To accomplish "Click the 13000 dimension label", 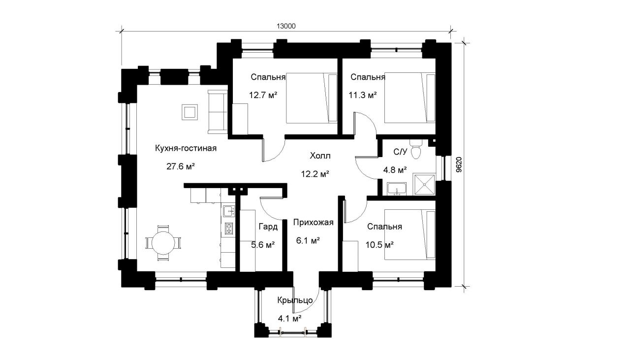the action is click(286, 26).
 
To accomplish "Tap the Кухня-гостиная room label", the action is click(186, 148).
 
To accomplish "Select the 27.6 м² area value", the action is click(181, 166).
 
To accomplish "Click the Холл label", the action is click(320, 156).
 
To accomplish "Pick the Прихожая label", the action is click(313, 223).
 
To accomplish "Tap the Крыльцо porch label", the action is click(295, 300).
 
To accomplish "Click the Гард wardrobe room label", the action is click(268, 227).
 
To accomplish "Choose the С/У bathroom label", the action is click(400, 152).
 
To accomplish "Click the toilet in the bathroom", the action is click(415, 149).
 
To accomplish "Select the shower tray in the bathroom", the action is click(424, 184).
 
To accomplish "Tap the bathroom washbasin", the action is click(397, 189).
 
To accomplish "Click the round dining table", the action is click(163, 243).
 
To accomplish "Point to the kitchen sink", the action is click(229, 211).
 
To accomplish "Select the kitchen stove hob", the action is click(229, 229).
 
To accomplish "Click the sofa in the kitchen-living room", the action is click(218, 112).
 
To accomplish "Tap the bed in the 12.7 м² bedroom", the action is click(312, 98).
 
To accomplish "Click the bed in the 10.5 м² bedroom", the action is click(410, 234).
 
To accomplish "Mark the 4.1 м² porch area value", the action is click(290, 318).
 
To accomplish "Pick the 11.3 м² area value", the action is click(363, 95).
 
